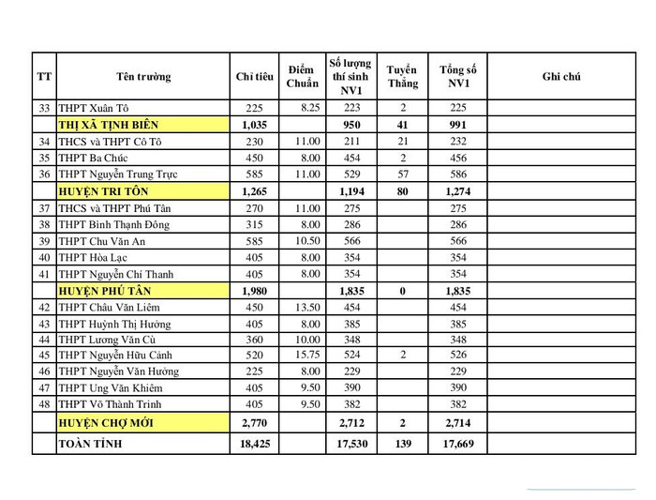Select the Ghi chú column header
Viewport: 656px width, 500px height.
click(x=560, y=76)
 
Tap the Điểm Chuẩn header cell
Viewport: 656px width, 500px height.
click(x=301, y=76)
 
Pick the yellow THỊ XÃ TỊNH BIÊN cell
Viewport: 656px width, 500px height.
click(x=142, y=125)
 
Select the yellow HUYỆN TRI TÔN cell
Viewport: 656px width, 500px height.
click(x=142, y=191)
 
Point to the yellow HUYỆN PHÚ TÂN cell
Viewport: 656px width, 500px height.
click(x=142, y=291)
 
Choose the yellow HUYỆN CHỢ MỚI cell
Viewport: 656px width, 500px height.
click(x=142, y=423)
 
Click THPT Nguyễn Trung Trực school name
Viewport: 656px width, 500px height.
click(x=117, y=174)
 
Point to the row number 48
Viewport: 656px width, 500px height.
click(x=44, y=405)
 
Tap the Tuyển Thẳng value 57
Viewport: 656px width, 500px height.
click(x=403, y=174)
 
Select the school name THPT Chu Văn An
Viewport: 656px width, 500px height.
click(x=102, y=241)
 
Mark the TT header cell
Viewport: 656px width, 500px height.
click(x=44, y=76)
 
